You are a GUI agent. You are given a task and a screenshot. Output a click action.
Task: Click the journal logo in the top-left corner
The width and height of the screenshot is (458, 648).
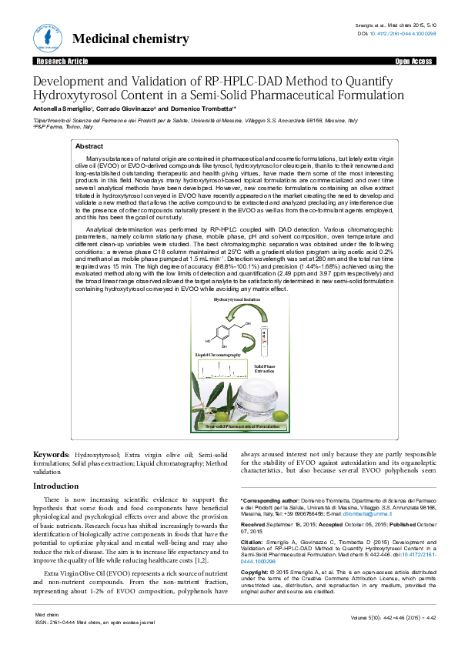click(x=45, y=36)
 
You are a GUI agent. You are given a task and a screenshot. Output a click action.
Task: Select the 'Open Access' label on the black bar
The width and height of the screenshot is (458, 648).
click(x=413, y=61)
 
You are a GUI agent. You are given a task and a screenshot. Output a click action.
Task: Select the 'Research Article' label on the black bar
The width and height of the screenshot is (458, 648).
click(x=59, y=61)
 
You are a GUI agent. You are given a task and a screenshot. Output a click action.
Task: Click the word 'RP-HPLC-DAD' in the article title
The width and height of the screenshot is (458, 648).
click(x=244, y=81)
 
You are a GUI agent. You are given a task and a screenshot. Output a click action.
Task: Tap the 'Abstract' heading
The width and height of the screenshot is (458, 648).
click(x=89, y=146)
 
